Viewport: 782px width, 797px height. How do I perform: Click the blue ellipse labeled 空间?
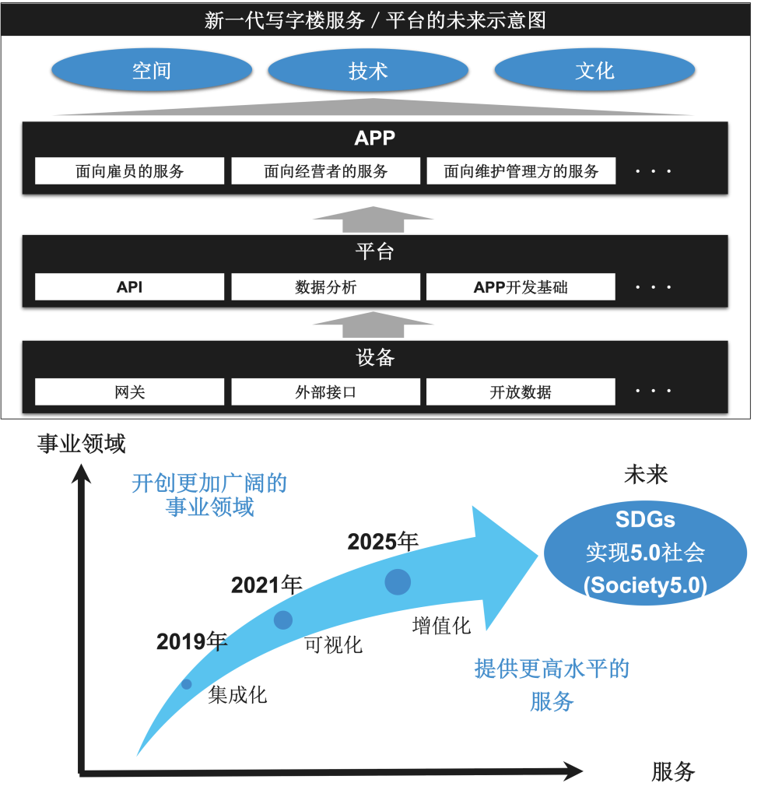[x=152, y=70]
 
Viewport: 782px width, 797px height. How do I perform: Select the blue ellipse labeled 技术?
[x=368, y=70]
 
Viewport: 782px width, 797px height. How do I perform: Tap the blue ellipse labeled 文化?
[x=594, y=70]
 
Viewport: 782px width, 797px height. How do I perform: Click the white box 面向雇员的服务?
[x=130, y=170]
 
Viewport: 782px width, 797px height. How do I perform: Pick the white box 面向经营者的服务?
[x=326, y=170]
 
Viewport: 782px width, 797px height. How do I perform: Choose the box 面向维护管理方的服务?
[x=521, y=170]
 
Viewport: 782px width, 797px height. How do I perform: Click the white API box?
[x=130, y=286]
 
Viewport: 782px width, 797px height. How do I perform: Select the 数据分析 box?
[x=326, y=286]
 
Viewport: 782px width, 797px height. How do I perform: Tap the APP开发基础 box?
[x=521, y=286]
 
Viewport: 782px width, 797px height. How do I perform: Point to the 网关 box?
[x=130, y=392]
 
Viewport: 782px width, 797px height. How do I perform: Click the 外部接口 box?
[x=326, y=392]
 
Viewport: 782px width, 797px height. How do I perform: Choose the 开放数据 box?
[x=521, y=392]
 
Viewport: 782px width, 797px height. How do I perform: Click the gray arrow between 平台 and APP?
[x=373, y=219]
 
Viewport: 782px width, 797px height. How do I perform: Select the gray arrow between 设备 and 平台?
[x=373, y=325]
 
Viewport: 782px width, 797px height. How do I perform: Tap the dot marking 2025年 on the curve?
[x=398, y=582]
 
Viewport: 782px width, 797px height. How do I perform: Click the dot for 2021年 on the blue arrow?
[x=283, y=620]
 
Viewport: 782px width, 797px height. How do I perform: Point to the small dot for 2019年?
[x=187, y=684]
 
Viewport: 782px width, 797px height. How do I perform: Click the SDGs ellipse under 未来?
[x=645, y=553]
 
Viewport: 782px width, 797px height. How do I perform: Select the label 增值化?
[x=441, y=626]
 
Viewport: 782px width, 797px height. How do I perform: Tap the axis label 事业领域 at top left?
[x=81, y=444]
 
